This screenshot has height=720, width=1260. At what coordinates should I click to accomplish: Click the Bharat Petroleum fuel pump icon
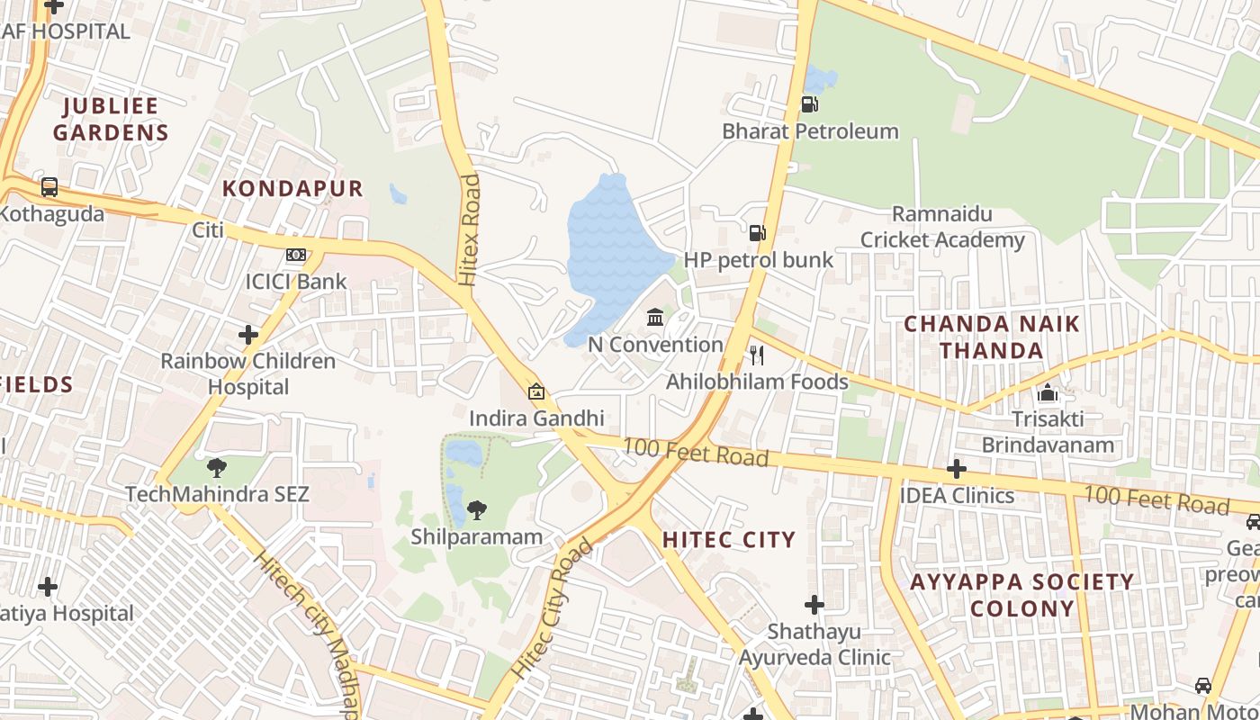click(x=809, y=104)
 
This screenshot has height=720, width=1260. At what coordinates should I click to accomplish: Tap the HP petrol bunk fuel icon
click(x=758, y=234)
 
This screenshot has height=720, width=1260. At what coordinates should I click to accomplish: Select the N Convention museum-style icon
click(x=655, y=318)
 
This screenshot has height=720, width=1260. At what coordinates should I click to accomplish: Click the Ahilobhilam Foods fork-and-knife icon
click(x=757, y=355)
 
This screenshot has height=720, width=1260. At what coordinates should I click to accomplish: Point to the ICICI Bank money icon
click(x=296, y=256)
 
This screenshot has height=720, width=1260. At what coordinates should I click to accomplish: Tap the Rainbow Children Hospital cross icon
click(x=248, y=336)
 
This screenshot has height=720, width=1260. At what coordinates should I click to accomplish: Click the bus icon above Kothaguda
click(x=49, y=188)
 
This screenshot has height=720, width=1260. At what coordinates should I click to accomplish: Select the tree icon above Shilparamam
click(x=477, y=511)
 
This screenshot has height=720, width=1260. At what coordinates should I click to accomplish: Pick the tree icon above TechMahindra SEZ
click(x=217, y=468)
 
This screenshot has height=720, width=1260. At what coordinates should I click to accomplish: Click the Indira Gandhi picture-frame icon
click(x=536, y=391)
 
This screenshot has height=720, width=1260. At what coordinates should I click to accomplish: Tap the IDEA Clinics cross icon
click(x=957, y=469)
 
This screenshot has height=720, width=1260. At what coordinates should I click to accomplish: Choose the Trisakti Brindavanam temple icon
click(x=1048, y=393)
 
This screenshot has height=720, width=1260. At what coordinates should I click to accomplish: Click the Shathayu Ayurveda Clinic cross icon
click(x=814, y=605)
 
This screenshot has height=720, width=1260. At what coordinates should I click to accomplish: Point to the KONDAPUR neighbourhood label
click(x=292, y=188)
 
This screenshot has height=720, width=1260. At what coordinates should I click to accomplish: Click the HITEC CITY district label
click(x=729, y=540)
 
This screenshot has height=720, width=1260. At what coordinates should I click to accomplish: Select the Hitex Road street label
click(x=470, y=230)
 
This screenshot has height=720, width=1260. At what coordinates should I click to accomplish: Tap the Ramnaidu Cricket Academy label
click(x=942, y=227)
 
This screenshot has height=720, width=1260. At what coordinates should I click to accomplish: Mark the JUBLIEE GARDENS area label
click(x=111, y=119)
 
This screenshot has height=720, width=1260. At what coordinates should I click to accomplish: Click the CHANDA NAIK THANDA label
click(x=992, y=337)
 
